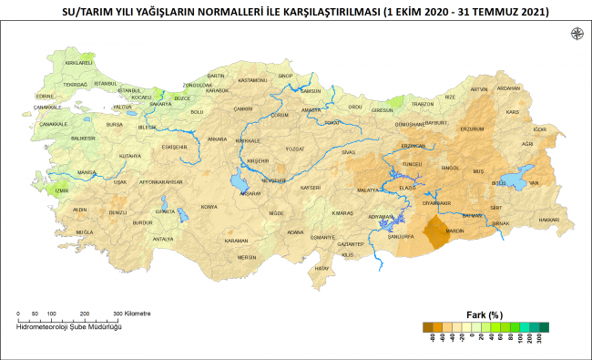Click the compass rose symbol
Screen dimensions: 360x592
coord(577,35)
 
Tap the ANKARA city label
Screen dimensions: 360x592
coord(217,139)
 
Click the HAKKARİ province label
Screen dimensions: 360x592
coord(549,220)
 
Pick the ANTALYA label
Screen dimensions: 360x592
coord(163,238)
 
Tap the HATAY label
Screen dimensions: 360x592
coord(321,268)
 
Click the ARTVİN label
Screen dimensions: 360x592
coord(479,89)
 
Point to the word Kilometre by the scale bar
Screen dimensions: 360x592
coord(136,314)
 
